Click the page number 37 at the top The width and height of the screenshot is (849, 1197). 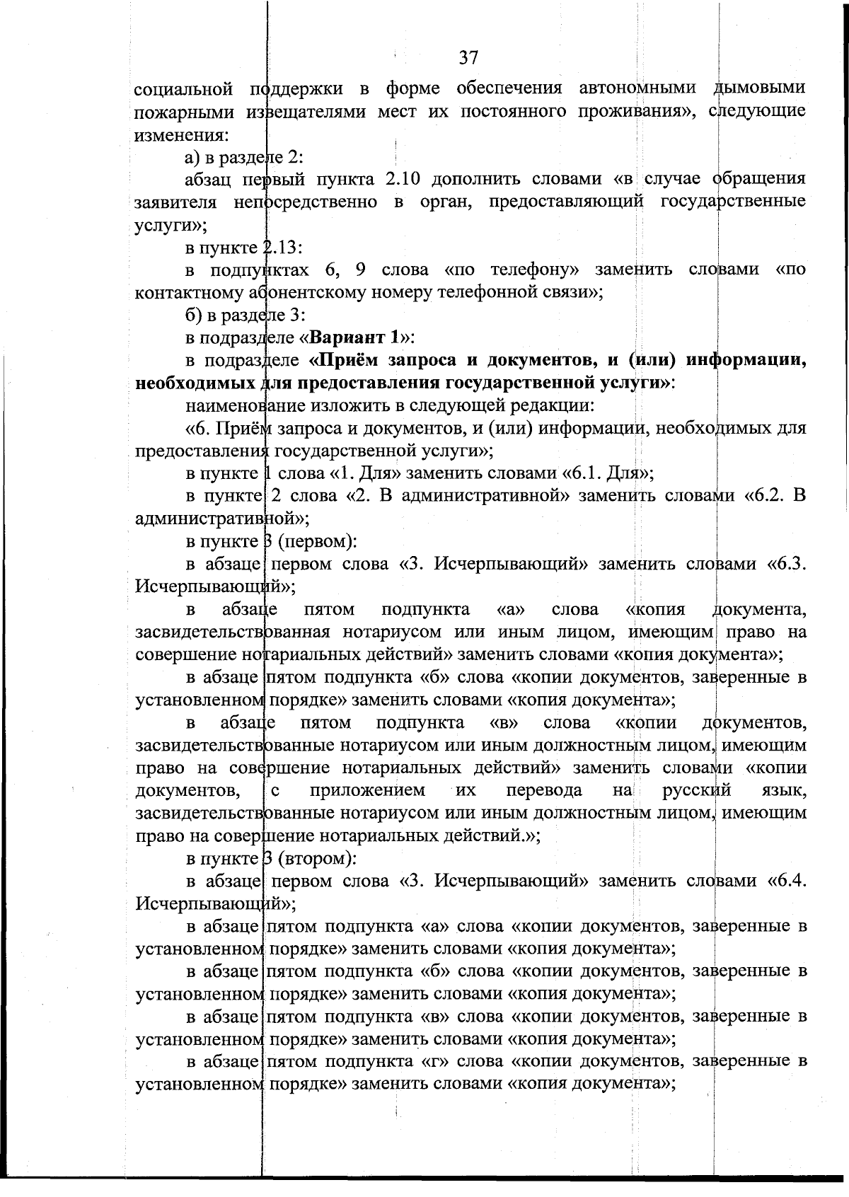pos(468,58)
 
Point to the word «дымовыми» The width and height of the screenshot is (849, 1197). pos(759,88)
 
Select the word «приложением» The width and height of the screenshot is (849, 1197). pos(368,790)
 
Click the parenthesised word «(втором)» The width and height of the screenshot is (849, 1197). pos(316,859)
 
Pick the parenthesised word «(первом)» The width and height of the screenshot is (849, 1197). pos(316,542)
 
